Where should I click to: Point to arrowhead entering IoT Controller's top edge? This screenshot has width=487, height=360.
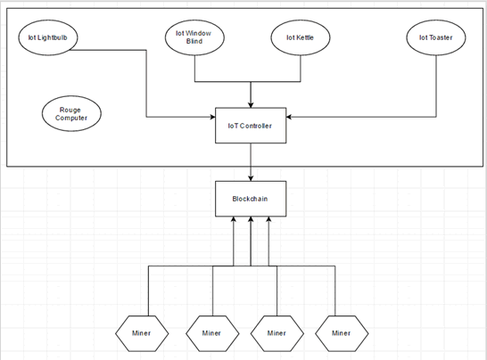251,105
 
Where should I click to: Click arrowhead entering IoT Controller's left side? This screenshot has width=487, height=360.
213,117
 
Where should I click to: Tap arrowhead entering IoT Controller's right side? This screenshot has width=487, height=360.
289,117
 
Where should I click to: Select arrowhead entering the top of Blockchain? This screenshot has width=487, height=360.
251,178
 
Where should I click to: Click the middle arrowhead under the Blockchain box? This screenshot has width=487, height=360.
251,219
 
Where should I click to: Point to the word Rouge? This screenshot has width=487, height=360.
70,110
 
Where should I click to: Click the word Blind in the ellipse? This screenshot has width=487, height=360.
194,41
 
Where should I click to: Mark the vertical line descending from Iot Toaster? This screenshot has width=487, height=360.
436,86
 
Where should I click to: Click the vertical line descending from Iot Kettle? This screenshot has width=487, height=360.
301,69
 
